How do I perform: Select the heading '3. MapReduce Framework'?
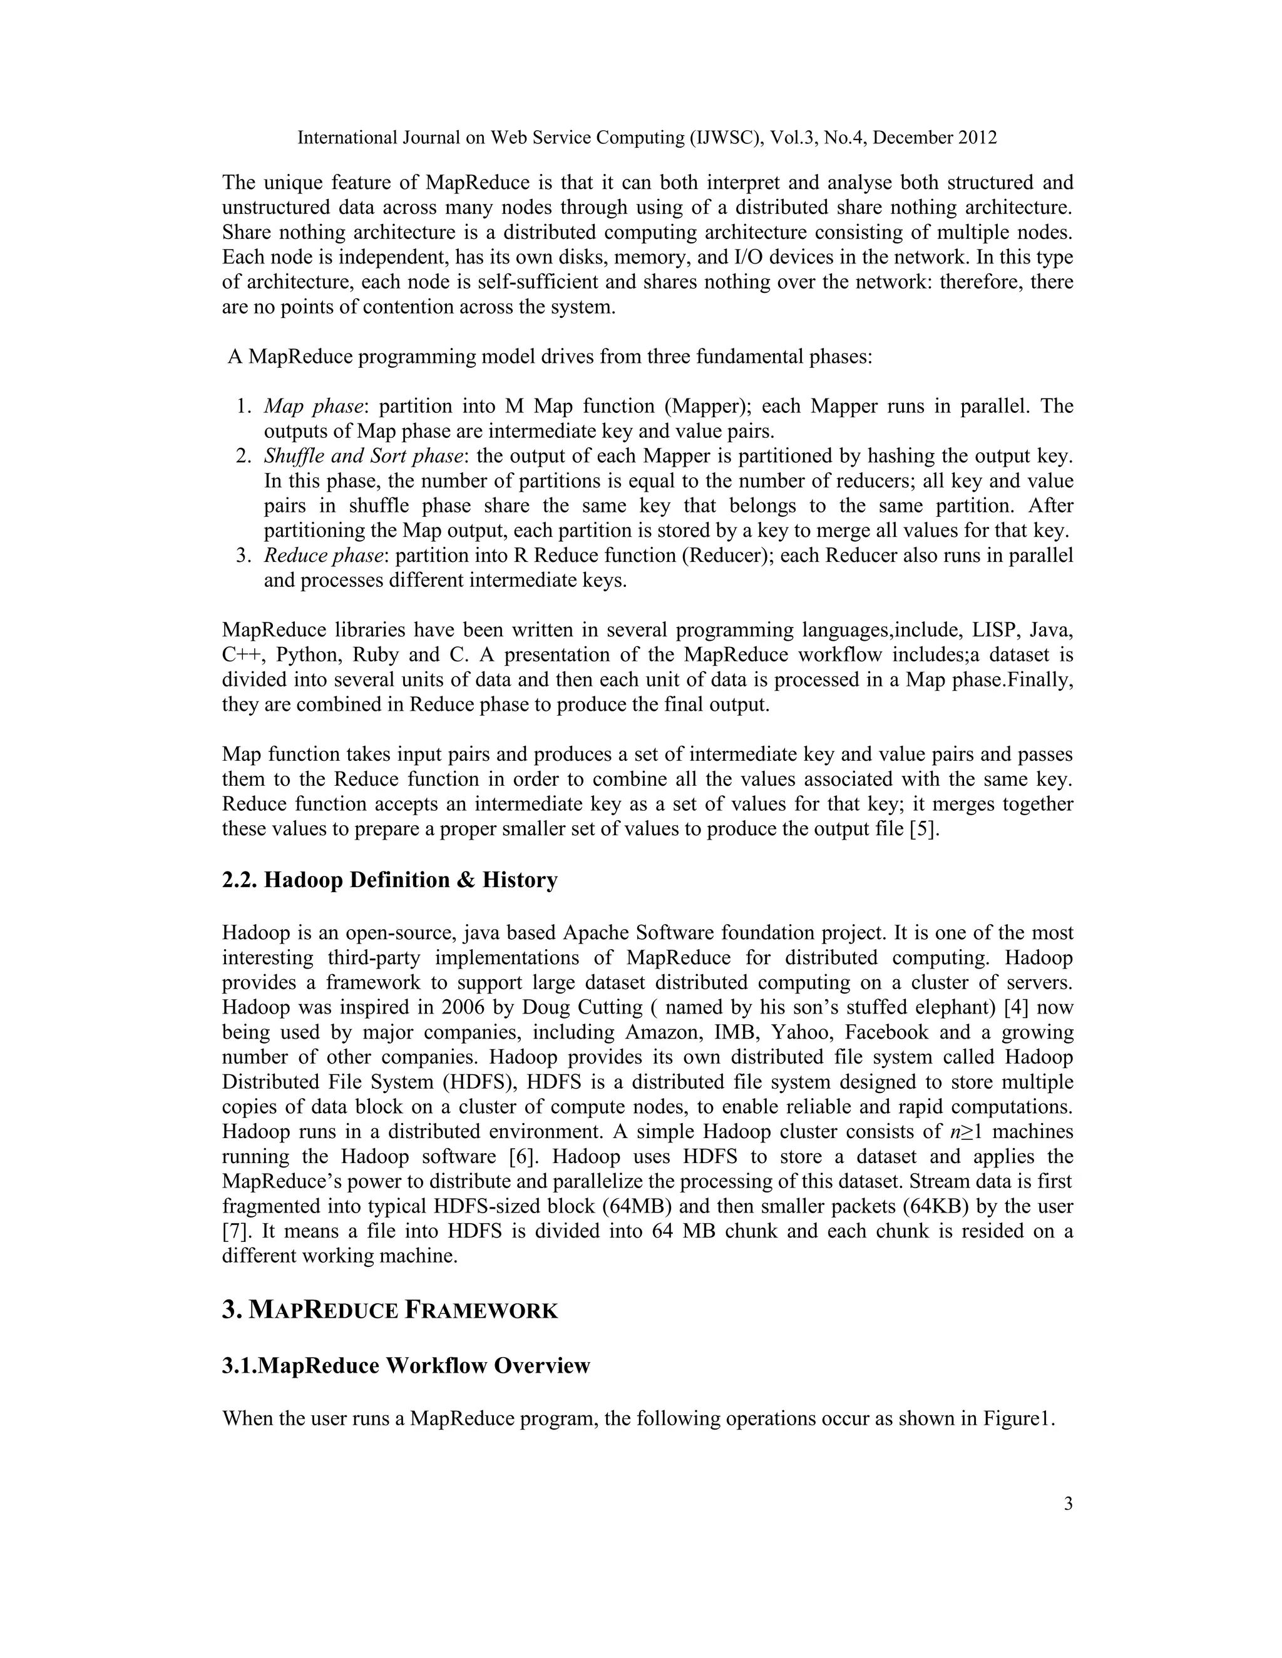coord(389,1310)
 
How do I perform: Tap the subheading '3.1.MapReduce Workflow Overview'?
coord(406,1366)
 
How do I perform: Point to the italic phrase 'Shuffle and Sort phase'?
coord(363,456)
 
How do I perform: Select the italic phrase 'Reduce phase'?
coord(323,556)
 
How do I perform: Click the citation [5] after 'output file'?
coord(923,828)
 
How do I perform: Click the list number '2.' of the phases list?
coord(243,456)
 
